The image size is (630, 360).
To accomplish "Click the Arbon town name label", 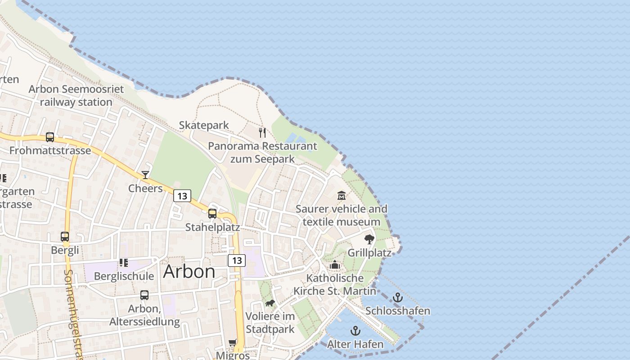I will click(189, 271).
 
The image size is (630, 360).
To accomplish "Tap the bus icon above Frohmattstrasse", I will click(50, 137).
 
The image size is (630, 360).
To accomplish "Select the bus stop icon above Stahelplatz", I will click(212, 214).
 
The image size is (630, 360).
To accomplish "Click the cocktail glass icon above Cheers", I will click(145, 175).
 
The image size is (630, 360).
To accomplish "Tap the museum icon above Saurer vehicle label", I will click(342, 196).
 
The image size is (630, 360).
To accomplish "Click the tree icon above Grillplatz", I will click(369, 239).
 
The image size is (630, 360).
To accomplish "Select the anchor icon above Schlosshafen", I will click(397, 297).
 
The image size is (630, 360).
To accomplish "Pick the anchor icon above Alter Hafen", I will click(355, 331).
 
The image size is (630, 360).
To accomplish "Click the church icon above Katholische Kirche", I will click(335, 265).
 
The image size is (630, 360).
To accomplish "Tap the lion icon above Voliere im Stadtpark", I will click(270, 303).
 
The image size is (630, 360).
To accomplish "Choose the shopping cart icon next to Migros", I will click(233, 343).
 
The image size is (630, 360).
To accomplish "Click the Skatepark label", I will click(204, 125).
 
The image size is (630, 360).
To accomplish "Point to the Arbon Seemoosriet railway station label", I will click(76, 95).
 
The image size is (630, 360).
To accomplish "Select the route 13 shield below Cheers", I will click(182, 196).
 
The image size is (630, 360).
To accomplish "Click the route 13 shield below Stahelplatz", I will click(237, 260).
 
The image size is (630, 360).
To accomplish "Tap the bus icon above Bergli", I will click(65, 236).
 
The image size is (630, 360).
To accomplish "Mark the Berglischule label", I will click(124, 276).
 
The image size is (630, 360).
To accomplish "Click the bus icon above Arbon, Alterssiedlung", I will click(144, 295).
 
